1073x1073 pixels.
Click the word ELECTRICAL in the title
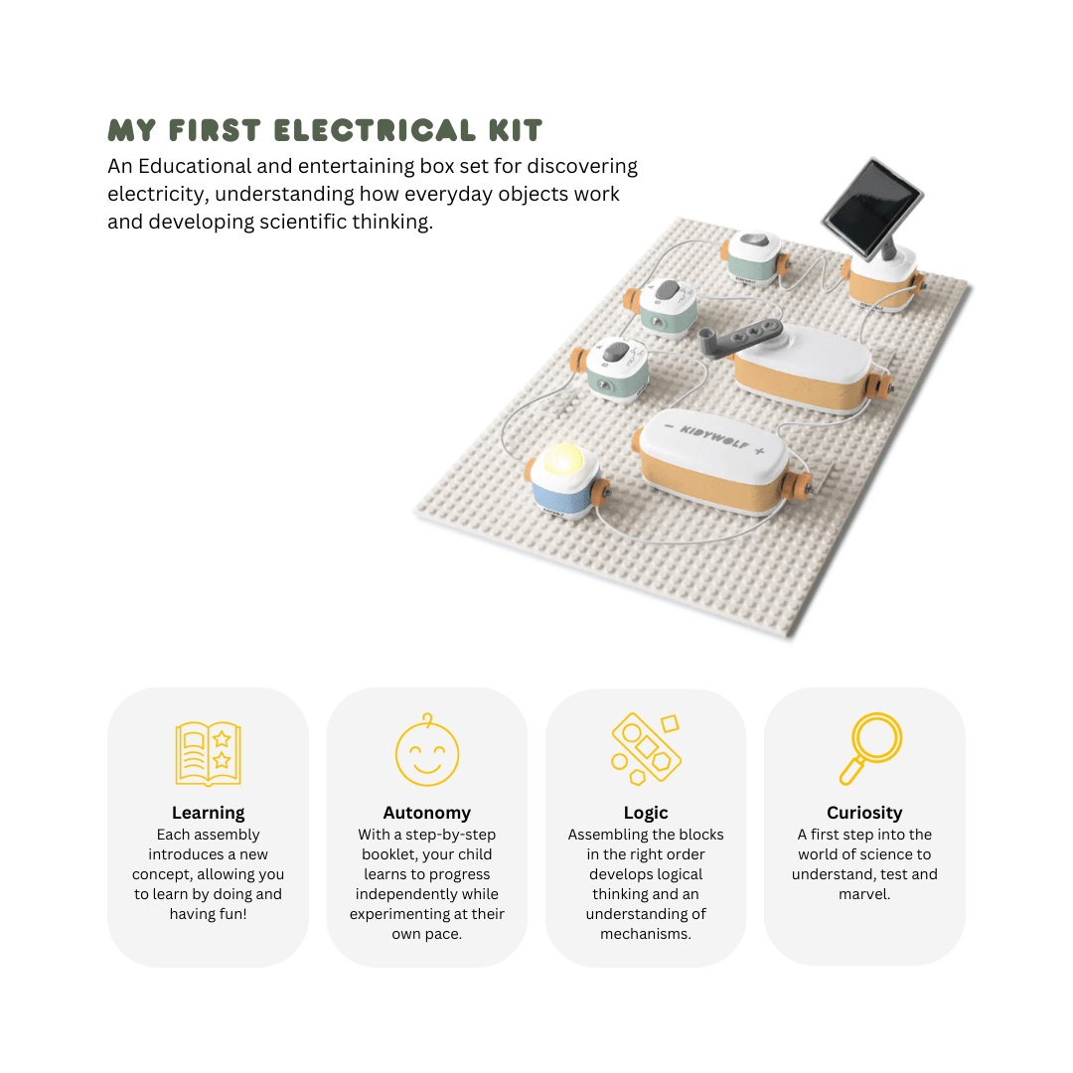pyautogui.click(x=375, y=130)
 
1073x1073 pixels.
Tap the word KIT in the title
pyautogui.click(x=516, y=130)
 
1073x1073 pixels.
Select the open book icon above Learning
pyautogui.click(x=208, y=753)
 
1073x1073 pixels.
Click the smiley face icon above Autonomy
pyautogui.click(x=427, y=750)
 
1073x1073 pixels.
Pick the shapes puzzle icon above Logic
pyautogui.click(x=646, y=748)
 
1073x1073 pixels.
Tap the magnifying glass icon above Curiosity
pyautogui.click(x=870, y=749)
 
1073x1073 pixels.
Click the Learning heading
pyautogui.click(x=208, y=813)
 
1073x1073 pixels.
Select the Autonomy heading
pyautogui.click(x=427, y=813)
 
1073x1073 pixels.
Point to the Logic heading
pyautogui.click(x=646, y=813)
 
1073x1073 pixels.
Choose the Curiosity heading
pyautogui.click(x=864, y=813)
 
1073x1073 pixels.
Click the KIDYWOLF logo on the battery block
pyautogui.click(x=713, y=437)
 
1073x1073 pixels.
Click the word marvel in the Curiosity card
pyautogui.click(x=863, y=894)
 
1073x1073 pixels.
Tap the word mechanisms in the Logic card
pyautogui.click(x=646, y=934)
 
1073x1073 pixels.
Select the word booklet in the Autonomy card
pyautogui.click(x=389, y=854)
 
